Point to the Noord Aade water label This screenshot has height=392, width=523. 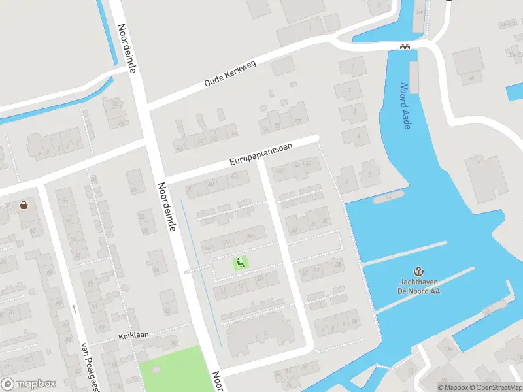tap(406, 105)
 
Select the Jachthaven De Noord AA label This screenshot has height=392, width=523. tap(418, 286)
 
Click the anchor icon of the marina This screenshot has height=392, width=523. tap(418, 270)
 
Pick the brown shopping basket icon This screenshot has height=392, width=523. tap(24, 204)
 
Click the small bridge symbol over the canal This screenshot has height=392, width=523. tap(406, 46)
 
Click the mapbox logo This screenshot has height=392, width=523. tap(29, 384)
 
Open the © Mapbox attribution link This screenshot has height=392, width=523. tap(453, 387)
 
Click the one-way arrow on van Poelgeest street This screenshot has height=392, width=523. tap(75, 308)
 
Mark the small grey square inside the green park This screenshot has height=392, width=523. tap(156, 369)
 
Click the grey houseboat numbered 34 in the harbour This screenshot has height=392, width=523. tap(388, 197)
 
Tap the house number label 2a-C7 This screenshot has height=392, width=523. tap(508, 24)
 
